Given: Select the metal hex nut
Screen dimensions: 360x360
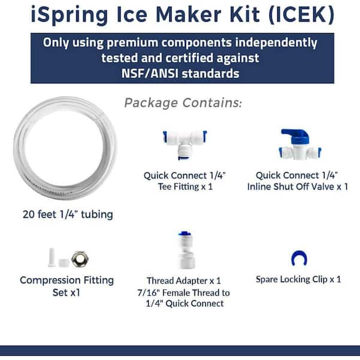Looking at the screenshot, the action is [80, 259].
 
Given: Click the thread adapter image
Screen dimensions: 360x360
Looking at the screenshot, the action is [186, 250].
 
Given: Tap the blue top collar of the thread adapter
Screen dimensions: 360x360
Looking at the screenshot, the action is [185, 234].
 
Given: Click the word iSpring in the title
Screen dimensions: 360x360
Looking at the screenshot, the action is [70, 15].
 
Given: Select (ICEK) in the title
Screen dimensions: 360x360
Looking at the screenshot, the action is [301, 14].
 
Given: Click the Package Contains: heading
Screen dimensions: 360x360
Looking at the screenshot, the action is [183, 103].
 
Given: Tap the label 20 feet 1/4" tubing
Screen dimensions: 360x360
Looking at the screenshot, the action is [68, 215].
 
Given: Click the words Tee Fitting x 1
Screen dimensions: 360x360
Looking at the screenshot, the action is [185, 187].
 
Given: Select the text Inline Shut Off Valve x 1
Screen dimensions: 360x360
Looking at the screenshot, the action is [298, 187].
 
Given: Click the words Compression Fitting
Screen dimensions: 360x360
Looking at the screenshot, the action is [67, 280].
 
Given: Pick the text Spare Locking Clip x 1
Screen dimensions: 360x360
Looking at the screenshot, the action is [298, 280].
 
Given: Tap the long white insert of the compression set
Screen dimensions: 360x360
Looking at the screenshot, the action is [52, 257].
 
